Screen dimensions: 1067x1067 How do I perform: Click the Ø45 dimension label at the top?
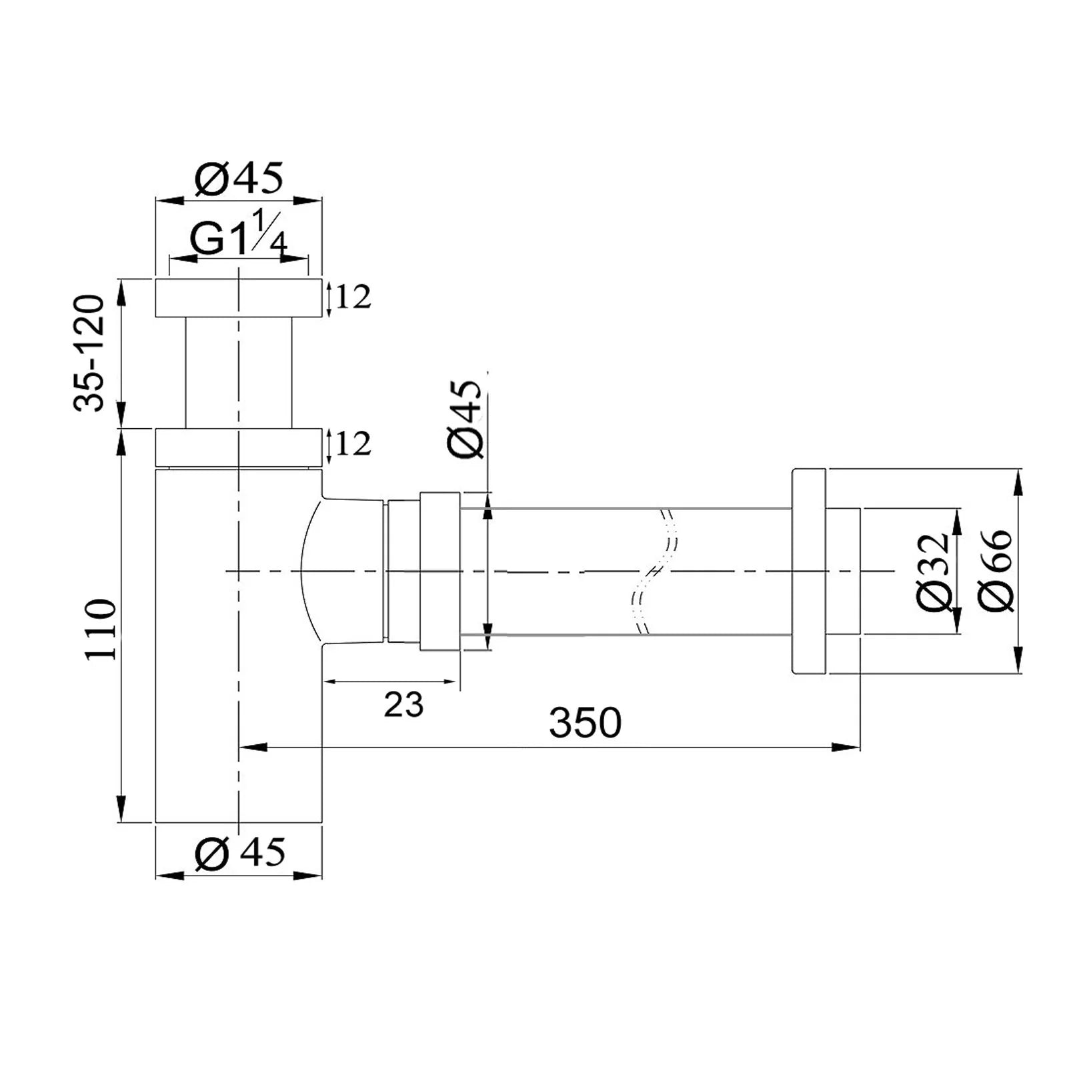(239, 179)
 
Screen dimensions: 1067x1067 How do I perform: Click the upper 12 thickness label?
(353, 297)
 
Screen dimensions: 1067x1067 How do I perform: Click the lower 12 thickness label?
(353, 444)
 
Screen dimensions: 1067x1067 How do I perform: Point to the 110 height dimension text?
(101, 630)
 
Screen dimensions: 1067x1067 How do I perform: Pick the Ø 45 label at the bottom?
(240, 853)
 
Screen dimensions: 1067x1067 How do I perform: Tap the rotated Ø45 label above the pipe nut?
(465, 419)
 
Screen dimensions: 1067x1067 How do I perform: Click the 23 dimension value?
(403, 705)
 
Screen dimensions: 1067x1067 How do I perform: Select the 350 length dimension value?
(585, 723)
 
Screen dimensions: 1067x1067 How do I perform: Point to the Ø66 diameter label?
(995, 571)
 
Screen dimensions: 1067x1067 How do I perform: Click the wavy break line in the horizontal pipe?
(653, 572)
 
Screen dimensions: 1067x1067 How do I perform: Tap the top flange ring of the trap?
(239, 298)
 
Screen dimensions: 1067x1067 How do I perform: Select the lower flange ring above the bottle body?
(239, 447)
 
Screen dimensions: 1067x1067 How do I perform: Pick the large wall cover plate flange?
(809, 572)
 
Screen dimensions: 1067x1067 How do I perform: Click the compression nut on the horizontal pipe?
(439, 572)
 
